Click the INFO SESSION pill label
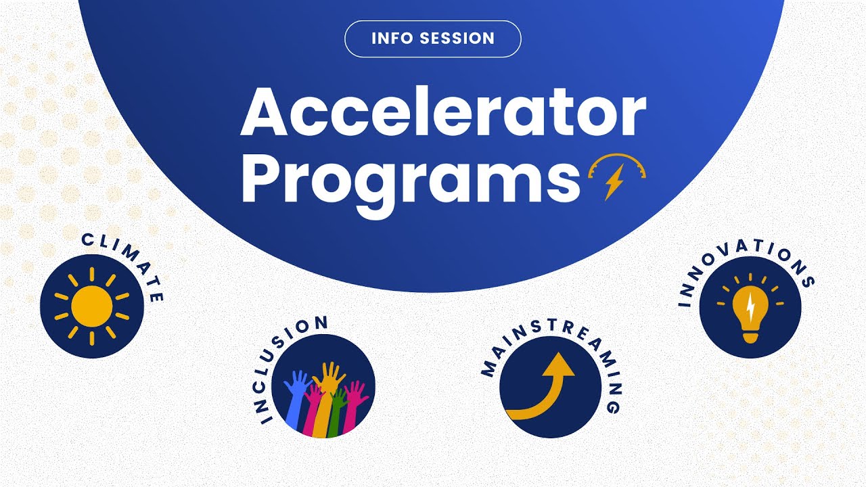pyautogui.click(x=433, y=39)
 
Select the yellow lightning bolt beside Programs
pyautogui.click(x=614, y=183)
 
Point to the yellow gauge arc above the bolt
pyautogui.click(x=618, y=162)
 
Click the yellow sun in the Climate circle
pyautogui.click(x=91, y=306)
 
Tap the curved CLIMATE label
pyautogui.click(x=129, y=260)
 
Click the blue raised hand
pyautogui.click(x=296, y=399)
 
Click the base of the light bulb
pyautogui.click(x=750, y=336)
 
